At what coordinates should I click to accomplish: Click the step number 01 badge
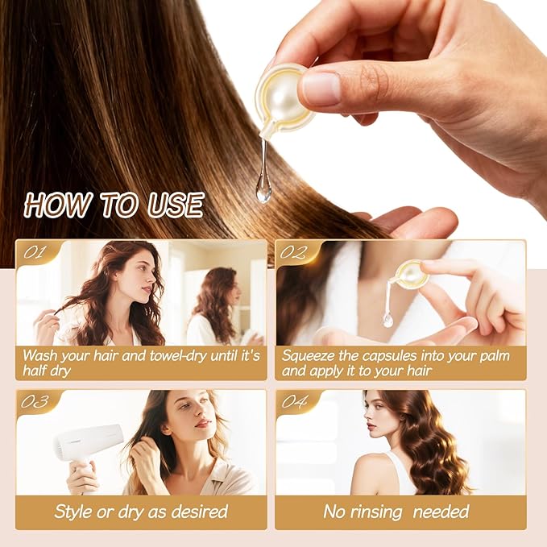(x=35, y=252)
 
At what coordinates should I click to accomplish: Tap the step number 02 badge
(x=294, y=252)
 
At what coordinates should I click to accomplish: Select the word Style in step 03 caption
(x=73, y=511)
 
